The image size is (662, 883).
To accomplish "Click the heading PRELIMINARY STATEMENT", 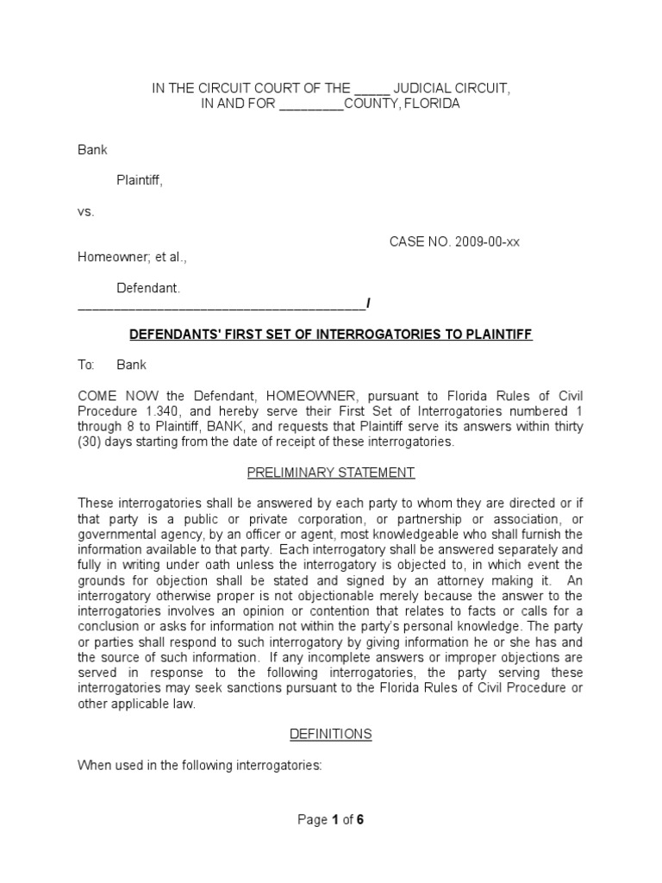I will pos(331,473).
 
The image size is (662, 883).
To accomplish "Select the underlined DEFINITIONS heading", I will pos(331,735).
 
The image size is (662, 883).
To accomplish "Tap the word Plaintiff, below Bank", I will pos(140,180).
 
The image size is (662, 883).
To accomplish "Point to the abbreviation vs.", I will pos(86,211).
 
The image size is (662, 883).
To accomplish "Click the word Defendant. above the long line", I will pos(149,288).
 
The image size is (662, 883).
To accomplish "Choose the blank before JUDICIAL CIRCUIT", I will pos(372,89).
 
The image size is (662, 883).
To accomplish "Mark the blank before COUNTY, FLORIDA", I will pos(312,104).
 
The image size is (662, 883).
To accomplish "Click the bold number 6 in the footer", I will pos(360,821).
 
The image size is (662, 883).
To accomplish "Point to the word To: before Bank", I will pos(86,366).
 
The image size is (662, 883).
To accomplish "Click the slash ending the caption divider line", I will pos(369,304).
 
